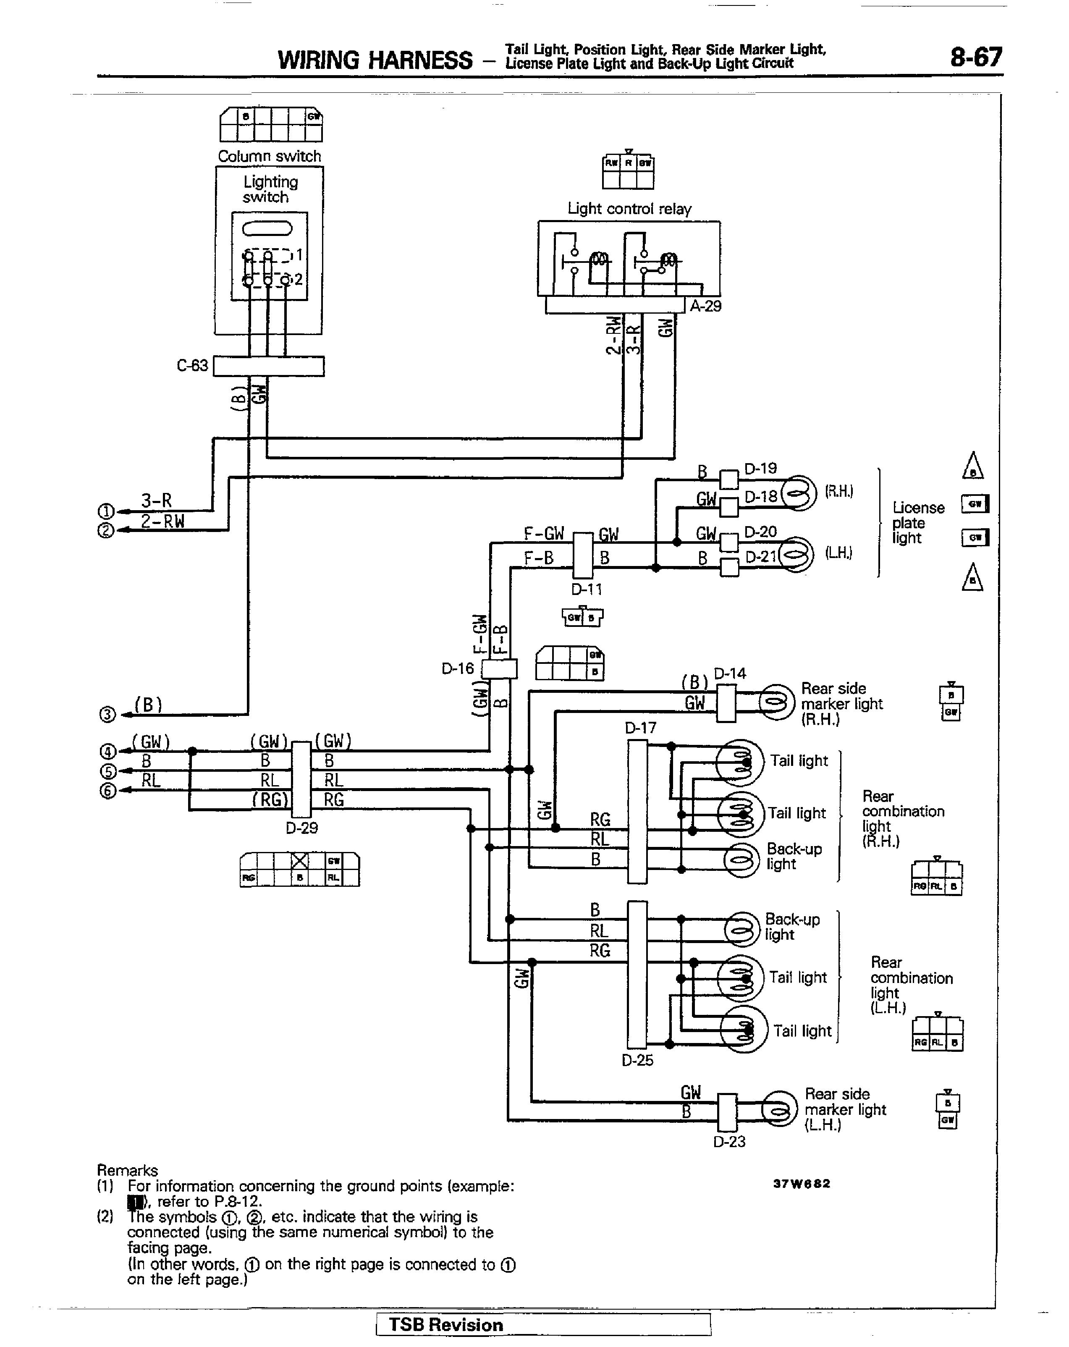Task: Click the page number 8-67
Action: pyautogui.click(x=975, y=58)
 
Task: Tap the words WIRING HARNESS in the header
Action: pyautogui.click(x=375, y=60)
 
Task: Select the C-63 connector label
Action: pyautogui.click(x=192, y=365)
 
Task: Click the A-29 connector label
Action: pyautogui.click(x=705, y=306)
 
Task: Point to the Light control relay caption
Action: pyautogui.click(x=629, y=209)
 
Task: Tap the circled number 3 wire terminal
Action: pyautogui.click(x=107, y=715)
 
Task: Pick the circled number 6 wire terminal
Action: pyautogui.click(x=107, y=791)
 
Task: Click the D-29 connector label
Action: pyautogui.click(x=302, y=828)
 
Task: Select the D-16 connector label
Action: pyautogui.click(x=458, y=668)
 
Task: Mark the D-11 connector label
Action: pyautogui.click(x=587, y=589)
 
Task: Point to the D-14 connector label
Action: pyautogui.click(x=729, y=673)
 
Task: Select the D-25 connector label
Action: pyautogui.click(x=637, y=1060)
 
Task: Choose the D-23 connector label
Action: pyautogui.click(x=729, y=1141)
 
